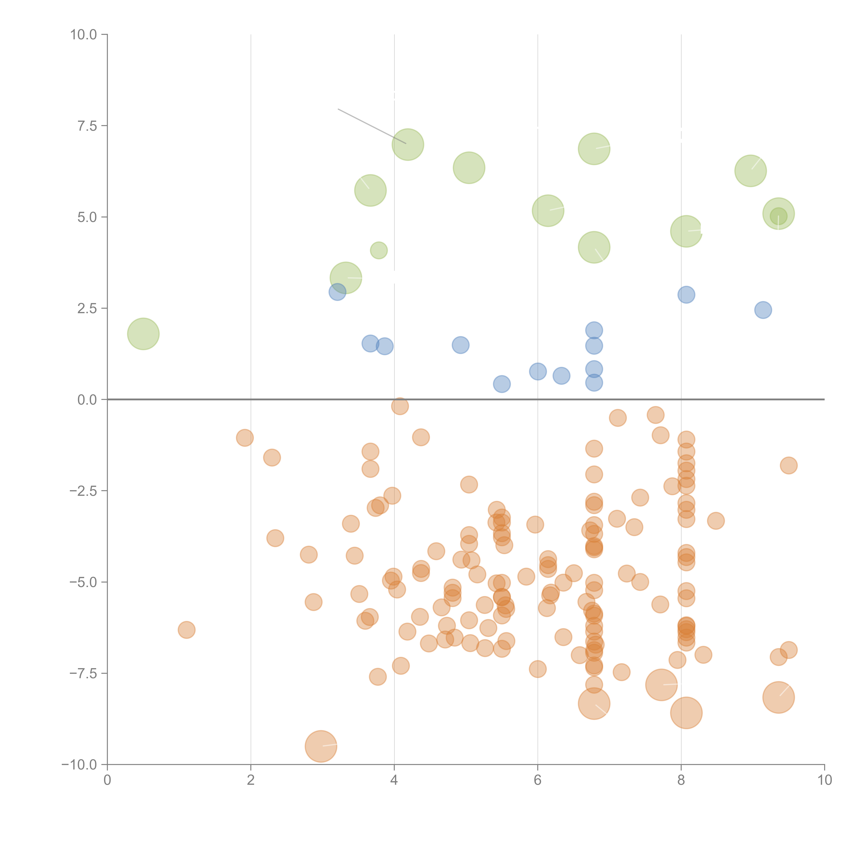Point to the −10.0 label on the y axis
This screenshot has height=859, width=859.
coord(79,765)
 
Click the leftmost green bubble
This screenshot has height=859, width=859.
coord(143,334)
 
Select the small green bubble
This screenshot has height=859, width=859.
coord(379,250)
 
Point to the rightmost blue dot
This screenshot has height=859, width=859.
coord(763,310)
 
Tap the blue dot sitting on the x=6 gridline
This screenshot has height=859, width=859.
coord(538,371)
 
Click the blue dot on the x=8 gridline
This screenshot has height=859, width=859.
coord(686,294)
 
